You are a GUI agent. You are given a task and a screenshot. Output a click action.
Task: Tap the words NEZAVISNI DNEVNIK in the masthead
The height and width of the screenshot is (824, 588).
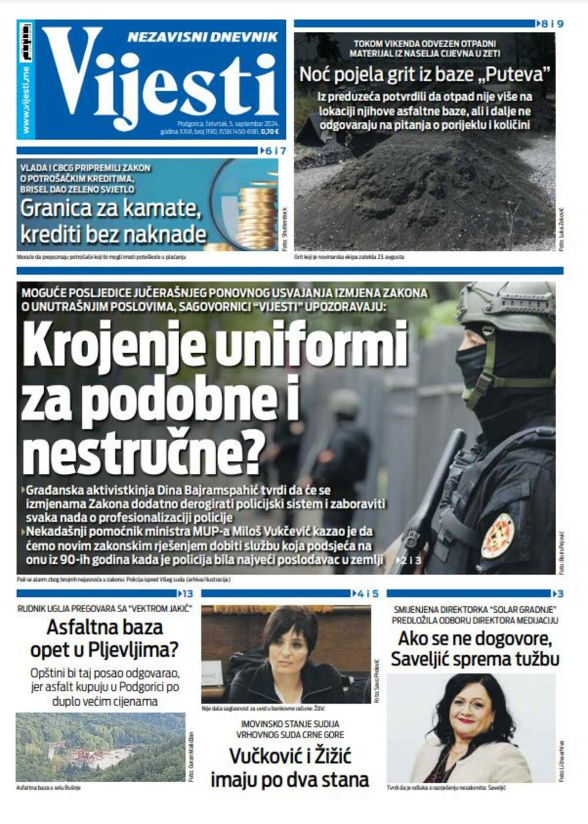coord(202,37)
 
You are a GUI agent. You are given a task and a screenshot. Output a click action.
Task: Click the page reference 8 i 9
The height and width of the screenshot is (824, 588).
coord(552,24)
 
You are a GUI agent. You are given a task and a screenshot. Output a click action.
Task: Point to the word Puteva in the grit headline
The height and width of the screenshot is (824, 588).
coord(518,75)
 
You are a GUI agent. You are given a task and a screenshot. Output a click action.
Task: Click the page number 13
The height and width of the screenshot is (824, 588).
coord(187,594)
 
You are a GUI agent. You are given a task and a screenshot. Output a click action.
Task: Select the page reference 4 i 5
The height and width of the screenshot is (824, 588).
coord(367,594)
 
